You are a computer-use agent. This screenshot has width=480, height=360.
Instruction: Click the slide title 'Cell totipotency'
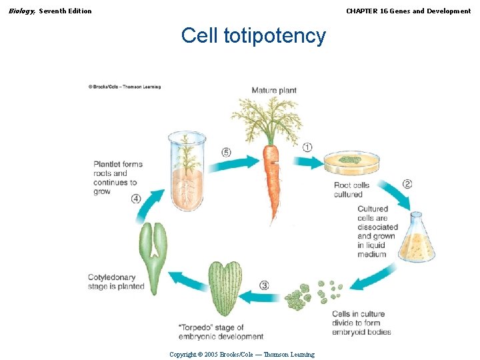point(253,35)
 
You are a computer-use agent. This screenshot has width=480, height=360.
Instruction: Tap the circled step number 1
point(307,147)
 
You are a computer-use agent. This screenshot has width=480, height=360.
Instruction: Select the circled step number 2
point(407,184)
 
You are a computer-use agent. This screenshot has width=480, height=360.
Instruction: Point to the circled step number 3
point(265,285)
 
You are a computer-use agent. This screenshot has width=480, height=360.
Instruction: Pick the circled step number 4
point(136,198)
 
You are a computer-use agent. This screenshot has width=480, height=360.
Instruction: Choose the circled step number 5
point(227,153)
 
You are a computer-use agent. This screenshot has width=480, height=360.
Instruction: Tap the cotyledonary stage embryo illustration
point(153,257)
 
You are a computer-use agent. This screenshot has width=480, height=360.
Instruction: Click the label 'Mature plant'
point(274,90)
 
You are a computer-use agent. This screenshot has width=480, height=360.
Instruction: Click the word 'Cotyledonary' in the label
point(111,277)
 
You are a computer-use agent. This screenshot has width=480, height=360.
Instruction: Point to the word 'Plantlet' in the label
point(108,164)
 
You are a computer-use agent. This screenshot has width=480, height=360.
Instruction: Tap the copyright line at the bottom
point(242,355)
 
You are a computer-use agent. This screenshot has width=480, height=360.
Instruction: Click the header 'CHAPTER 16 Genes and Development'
point(408,11)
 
